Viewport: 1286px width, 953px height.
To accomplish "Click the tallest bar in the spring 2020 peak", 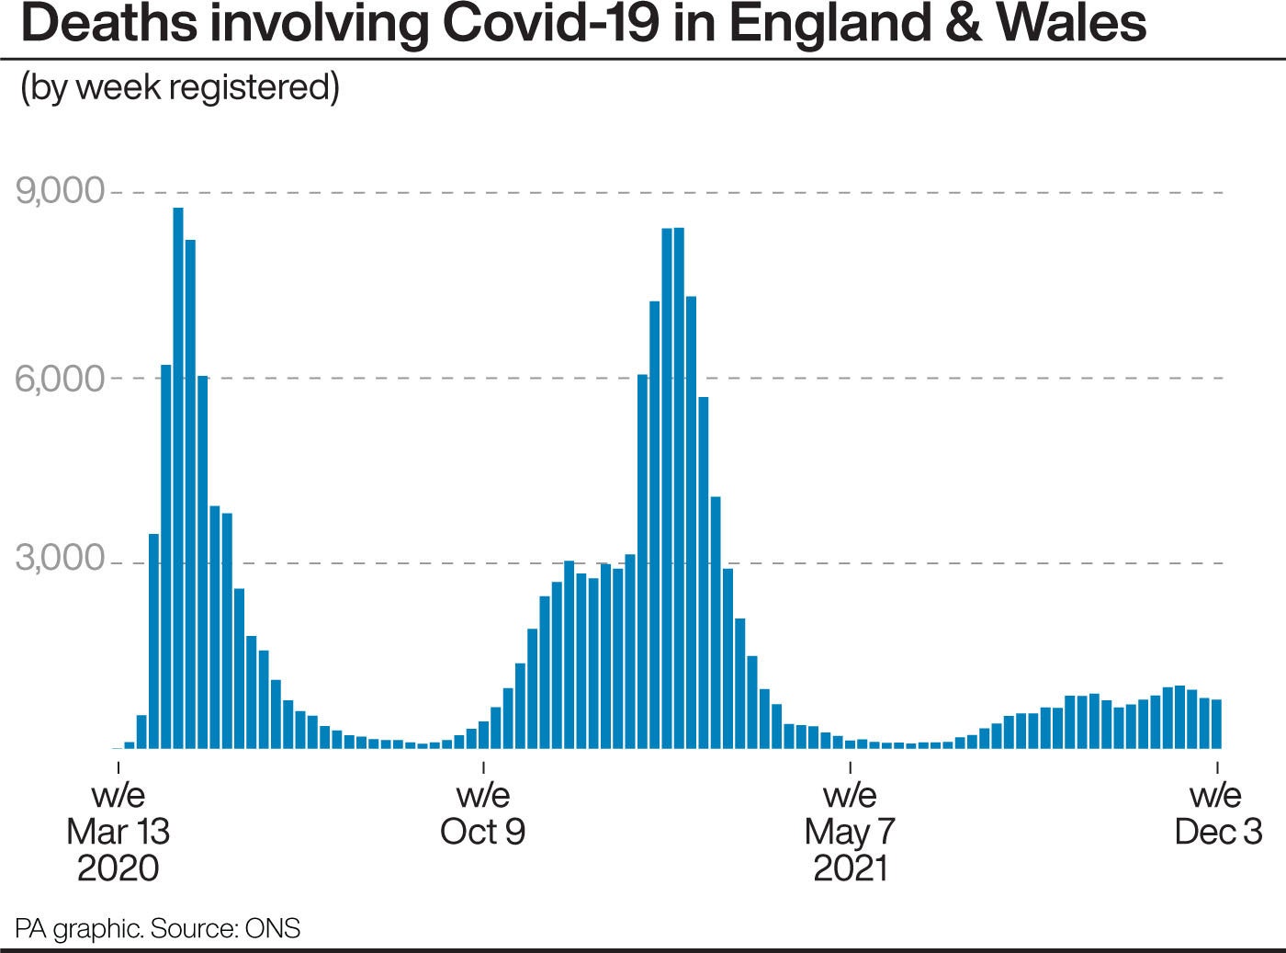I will [x=178, y=478].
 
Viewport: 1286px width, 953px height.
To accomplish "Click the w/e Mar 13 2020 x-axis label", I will [x=118, y=831].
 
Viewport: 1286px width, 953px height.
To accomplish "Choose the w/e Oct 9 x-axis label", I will [x=483, y=813].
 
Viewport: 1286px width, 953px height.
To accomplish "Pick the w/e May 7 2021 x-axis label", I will [x=850, y=831].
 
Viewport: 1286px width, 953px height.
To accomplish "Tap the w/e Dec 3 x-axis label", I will [x=1217, y=813].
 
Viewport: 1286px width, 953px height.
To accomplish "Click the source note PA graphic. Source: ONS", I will [x=157, y=928].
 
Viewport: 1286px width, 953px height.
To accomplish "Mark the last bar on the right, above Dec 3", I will [x=1216, y=724].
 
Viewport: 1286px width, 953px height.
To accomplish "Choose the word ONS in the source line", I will [x=273, y=928].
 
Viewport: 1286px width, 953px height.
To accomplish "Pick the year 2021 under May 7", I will [x=850, y=868].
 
